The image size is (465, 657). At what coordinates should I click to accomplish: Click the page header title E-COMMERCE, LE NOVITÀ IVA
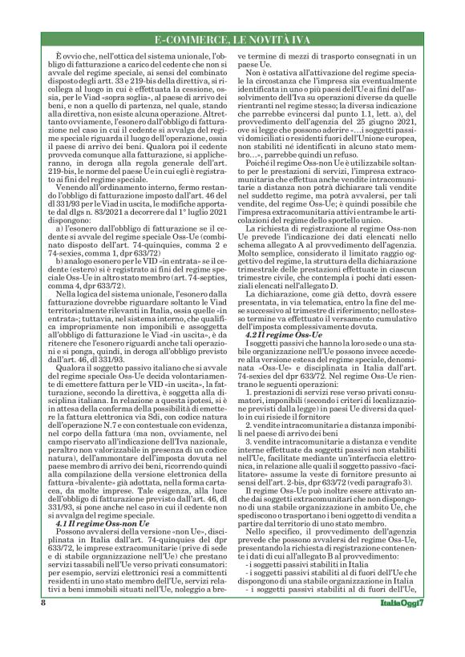click(232, 41)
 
